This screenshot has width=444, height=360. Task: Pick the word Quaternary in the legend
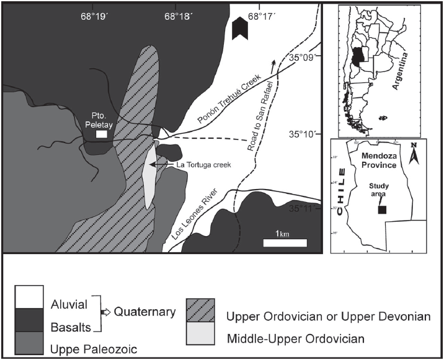(x=140, y=312)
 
